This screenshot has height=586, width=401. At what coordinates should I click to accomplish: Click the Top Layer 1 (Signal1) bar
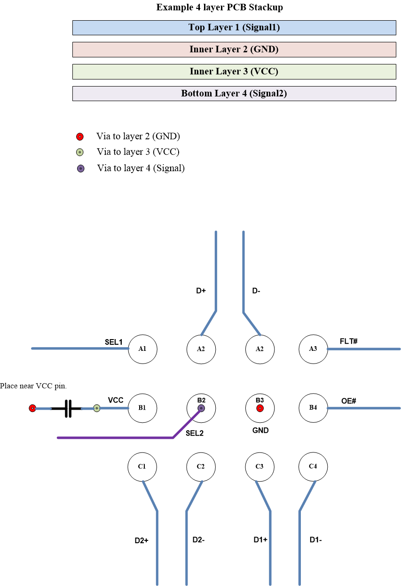234,28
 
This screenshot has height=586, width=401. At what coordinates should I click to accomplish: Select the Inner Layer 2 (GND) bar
234,49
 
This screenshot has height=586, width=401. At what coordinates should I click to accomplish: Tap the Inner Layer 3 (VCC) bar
234,71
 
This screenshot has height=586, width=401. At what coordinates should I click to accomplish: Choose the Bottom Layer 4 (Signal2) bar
234,94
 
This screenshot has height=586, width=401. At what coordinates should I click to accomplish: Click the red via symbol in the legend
80,137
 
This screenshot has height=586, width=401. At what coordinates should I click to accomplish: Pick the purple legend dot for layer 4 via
80,168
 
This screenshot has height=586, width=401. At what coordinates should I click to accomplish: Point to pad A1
142,349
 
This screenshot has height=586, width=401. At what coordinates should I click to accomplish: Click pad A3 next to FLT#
313,349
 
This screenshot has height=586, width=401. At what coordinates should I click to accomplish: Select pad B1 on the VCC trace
142,408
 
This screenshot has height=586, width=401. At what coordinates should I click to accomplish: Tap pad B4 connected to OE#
313,408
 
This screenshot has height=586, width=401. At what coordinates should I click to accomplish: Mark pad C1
142,467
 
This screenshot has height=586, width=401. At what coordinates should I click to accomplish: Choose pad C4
313,467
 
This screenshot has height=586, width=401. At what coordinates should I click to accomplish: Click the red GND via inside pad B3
259,408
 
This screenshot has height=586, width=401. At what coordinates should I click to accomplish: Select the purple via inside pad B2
201,408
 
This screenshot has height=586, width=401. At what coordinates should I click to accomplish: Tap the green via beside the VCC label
97,408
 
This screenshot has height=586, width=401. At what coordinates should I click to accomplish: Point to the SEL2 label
195,433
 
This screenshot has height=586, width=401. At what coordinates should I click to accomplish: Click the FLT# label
348,341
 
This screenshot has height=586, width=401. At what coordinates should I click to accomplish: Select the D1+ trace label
260,540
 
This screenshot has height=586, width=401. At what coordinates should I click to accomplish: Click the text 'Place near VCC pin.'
33,386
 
